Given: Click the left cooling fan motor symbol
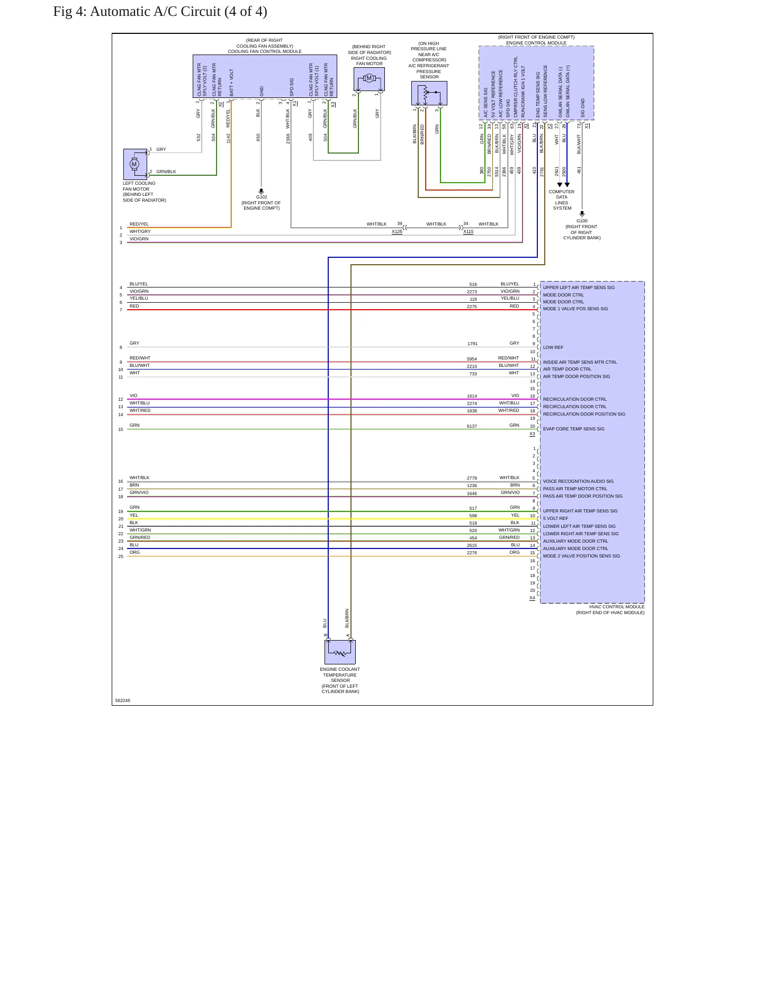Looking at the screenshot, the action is tap(135, 164).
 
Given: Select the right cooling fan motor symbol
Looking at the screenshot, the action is tap(369, 79).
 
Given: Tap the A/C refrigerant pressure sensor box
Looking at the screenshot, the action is tap(429, 93).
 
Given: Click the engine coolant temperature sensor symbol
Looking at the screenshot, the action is tap(340, 652).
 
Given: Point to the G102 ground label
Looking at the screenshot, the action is tap(262, 197).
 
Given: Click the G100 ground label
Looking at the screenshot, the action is tap(582, 221).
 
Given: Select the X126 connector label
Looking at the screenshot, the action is tap(397, 231).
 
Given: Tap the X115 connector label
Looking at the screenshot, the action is tap(468, 231).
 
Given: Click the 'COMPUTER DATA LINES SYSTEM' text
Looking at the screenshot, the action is tap(562, 200).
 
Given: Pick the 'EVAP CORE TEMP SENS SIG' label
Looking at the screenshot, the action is tap(573, 429).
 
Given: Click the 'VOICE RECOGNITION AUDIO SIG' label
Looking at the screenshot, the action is tap(578, 481).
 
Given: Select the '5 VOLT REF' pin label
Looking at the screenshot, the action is tap(555, 518).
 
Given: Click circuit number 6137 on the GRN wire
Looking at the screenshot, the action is tap(472, 426).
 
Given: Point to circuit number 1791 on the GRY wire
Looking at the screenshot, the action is tap(472, 344).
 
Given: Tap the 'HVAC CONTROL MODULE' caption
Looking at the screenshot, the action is tap(617, 607).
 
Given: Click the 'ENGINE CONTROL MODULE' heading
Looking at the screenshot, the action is tap(536, 43).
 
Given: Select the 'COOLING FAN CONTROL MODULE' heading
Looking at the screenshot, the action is tap(265, 51).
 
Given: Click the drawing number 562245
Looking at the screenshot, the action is tap(122, 700).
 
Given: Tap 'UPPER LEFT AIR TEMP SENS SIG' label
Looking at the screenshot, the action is tap(579, 287).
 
